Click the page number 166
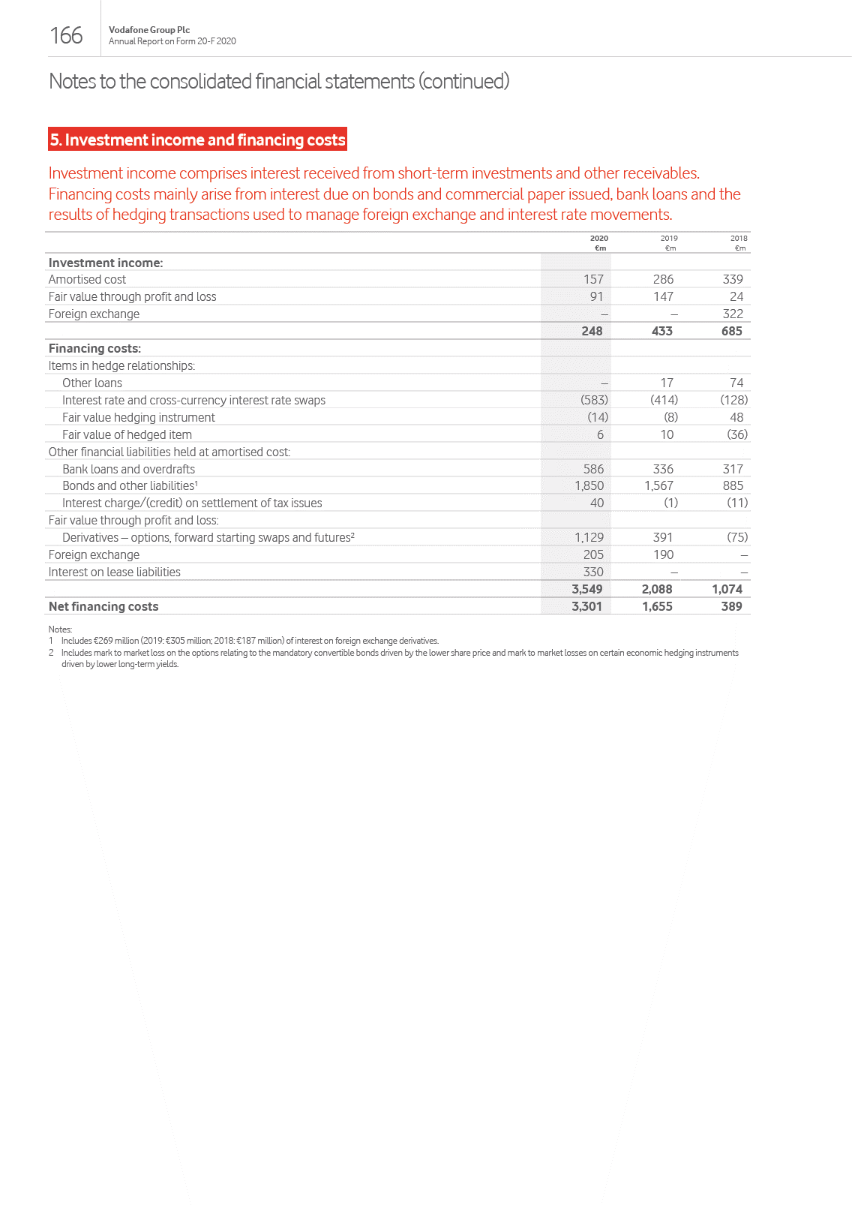coord(66,35)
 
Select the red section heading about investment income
coord(197,140)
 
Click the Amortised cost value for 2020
coord(593,279)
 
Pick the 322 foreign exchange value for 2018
coord(733,314)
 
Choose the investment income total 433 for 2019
coord(661,331)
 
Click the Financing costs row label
coord(94,348)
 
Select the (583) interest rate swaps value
coord(594,400)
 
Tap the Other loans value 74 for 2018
coord(736,383)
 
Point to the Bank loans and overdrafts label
coord(128,469)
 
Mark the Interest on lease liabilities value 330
coord(593,572)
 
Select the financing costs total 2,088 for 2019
coord(657,589)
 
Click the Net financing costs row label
coord(103,606)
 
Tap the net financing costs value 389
coord(731,606)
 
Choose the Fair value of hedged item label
coord(127,434)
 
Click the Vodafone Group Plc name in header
coord(149,30)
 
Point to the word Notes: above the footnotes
coord(60,630)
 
